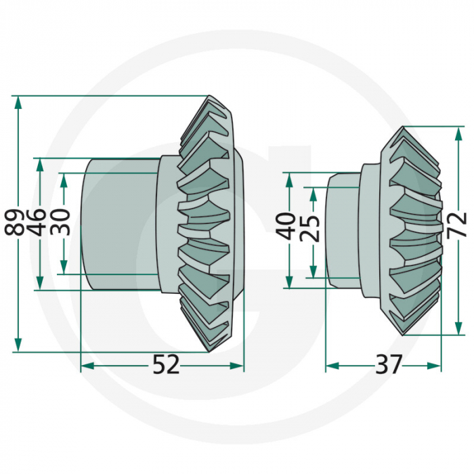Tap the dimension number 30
[x=63, y=223]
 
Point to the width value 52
[x=165, y=366]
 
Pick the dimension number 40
[x=288, y=225]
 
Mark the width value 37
[x=388, y=366]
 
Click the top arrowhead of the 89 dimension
[x=18, y=102]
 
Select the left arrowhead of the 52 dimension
[x=87, y=366]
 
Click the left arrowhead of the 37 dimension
[x=332, y=366]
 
